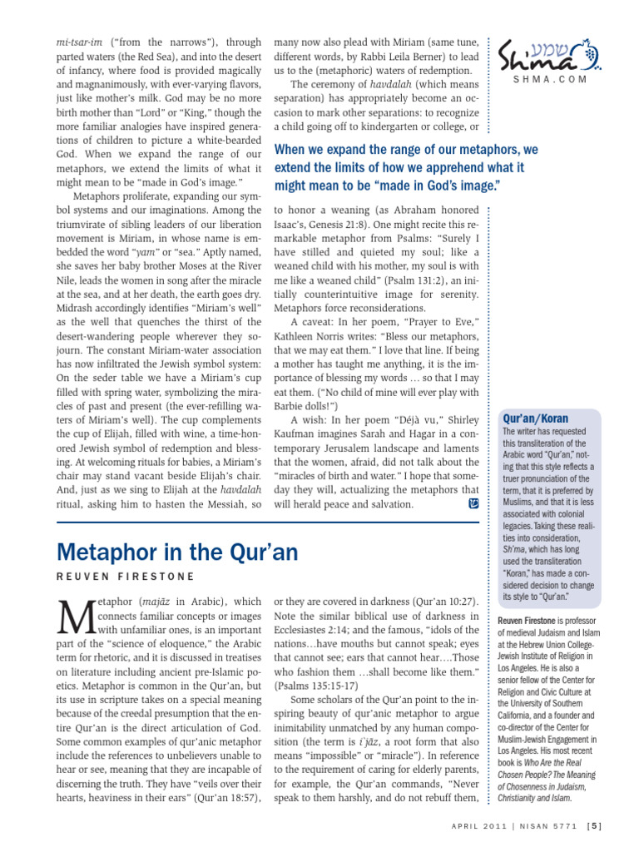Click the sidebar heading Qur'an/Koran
point(532,418)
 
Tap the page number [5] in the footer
point(594,826)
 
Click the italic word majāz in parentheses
point(156,601)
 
